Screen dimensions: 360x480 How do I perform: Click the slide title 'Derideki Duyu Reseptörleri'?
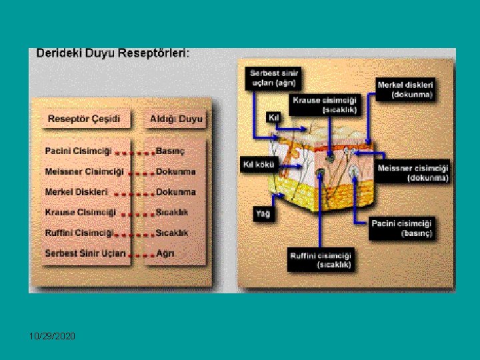113,53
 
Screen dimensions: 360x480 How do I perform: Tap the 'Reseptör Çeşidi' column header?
84,119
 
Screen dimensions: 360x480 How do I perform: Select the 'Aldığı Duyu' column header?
176,119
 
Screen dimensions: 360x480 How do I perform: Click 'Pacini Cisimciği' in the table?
79,151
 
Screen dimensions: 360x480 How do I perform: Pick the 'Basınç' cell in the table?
170,151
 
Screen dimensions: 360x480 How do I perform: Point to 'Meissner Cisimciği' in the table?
84,171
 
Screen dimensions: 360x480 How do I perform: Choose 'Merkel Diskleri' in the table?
77,192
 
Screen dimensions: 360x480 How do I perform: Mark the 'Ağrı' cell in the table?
165,253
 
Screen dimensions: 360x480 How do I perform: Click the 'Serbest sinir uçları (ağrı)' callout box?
274,77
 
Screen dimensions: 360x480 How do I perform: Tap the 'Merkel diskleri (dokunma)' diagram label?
405,89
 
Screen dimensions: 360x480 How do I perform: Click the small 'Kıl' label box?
272,117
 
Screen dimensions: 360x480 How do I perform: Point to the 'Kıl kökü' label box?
257,164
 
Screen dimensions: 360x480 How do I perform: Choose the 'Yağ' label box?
262,214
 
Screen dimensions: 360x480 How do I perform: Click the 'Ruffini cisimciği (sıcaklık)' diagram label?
321,260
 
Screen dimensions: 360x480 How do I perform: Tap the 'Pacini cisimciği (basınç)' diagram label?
402,227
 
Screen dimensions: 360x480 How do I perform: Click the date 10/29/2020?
52,337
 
